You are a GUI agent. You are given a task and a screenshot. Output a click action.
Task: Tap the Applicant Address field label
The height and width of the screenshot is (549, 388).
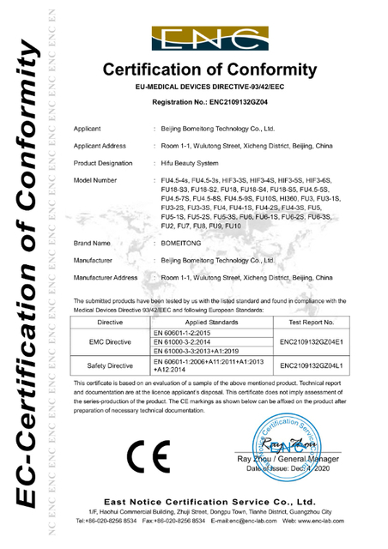tap(102, 146)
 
